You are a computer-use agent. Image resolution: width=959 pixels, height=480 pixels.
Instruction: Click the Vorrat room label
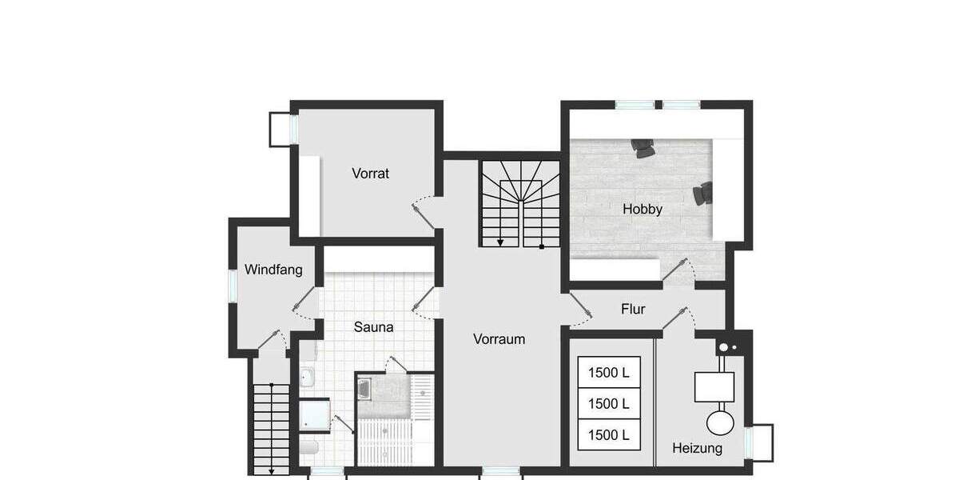tap(370, 173)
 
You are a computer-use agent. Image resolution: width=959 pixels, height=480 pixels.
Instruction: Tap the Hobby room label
tap(643, 210)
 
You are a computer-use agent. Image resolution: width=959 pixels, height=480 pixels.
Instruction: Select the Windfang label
tap(273, 270)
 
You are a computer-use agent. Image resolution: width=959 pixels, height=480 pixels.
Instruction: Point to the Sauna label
tap(373, 326)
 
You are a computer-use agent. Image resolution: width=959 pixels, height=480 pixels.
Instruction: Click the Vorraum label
tap(499, 338)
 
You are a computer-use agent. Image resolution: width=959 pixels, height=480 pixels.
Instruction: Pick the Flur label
tap(633, 309)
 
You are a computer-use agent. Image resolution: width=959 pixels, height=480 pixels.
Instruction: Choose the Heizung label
tap(697, 448)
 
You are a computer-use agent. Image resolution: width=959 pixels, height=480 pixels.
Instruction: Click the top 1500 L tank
tap(608, 372)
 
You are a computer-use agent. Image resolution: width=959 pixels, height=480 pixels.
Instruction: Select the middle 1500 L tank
tap(608, 403)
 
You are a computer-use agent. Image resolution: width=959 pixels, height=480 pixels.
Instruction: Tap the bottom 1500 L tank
tap(608, 435)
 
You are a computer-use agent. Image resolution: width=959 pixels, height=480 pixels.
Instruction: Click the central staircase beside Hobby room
tap(520, 203)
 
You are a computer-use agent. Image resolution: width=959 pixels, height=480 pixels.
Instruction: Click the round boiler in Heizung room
tap(722, 422)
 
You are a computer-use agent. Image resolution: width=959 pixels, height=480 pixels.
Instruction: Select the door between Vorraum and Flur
tap(577, 310)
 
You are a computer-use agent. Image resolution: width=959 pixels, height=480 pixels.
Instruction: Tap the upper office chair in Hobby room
tap(643, 147)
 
